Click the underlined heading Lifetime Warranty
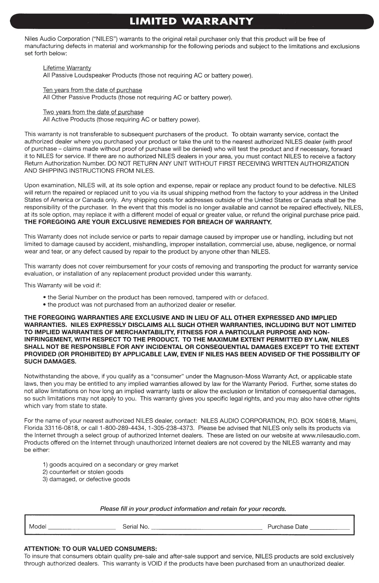coord(67,68)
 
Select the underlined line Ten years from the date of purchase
coord(92,90)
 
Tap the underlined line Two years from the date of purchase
coord(93,112)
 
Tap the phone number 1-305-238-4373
coord(166,428)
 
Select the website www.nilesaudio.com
coord(330,435)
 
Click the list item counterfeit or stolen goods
coord(86,472)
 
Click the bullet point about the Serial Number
coord(158,297)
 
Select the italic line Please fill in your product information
coord(193,509)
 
